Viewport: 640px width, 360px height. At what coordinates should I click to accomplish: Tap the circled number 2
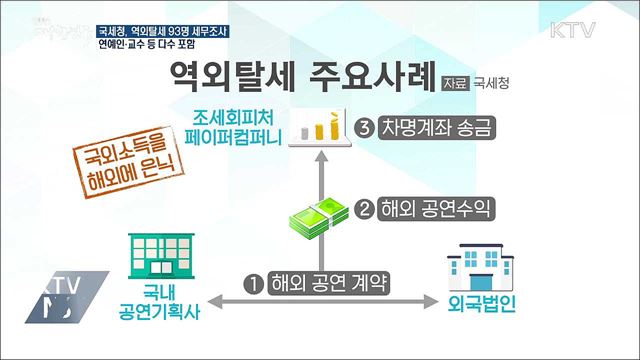click(366, 210)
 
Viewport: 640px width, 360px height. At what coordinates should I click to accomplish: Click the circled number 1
click(254, 283)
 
